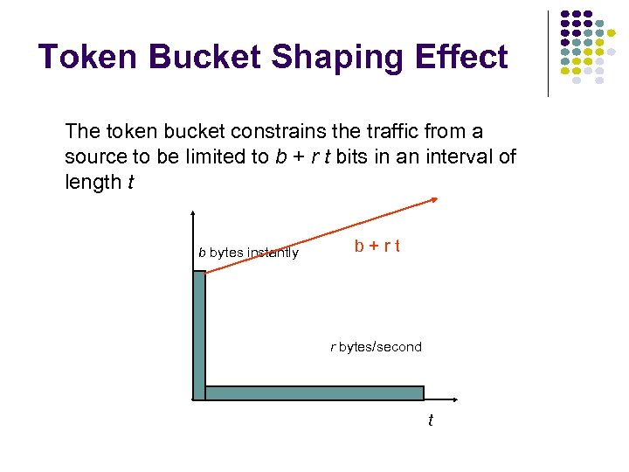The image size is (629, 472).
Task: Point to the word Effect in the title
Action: (x=464, y=58)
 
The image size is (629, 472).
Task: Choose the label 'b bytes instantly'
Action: (x=248, y=253)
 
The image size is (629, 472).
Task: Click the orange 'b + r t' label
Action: (x=377, y=246)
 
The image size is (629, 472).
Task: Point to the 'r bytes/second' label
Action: (x=376, y=347)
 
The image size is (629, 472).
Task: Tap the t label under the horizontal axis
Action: (x=430, y=421)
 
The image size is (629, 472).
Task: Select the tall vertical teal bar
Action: (x=199, y=332)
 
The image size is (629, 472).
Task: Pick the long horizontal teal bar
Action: (x=314, y=393)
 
